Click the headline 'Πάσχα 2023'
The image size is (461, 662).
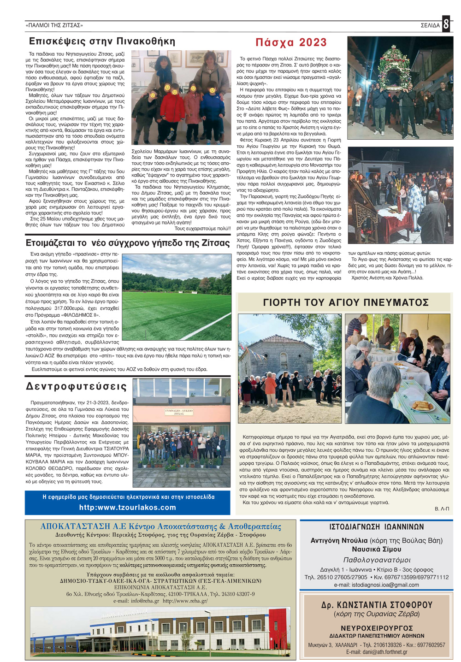tap(291, 42)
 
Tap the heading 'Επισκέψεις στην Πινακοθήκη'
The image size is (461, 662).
tap(102, 41)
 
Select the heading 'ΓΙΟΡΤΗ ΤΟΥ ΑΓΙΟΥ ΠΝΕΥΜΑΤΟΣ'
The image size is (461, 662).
tap(346, 302)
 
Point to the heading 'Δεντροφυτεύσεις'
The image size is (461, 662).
tap(77, 386)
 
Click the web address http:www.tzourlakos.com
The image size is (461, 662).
tap(127, 507)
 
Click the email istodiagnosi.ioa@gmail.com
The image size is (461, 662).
tap(376, 585)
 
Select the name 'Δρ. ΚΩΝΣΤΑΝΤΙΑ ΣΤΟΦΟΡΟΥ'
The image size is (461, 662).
tap(377, 605)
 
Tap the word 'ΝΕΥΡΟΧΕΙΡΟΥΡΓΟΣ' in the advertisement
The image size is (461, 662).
tap(377, 628)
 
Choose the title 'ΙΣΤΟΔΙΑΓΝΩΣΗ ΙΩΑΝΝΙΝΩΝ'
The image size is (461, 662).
tap(377, 527)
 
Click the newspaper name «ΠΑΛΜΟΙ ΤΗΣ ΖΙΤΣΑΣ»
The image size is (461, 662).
tap(54, 25)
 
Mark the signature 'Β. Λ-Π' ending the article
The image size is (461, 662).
tap(442, 508)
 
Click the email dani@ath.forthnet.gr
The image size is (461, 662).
tap(377, 652)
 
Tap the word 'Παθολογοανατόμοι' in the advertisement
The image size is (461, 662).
tap(377, 560)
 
